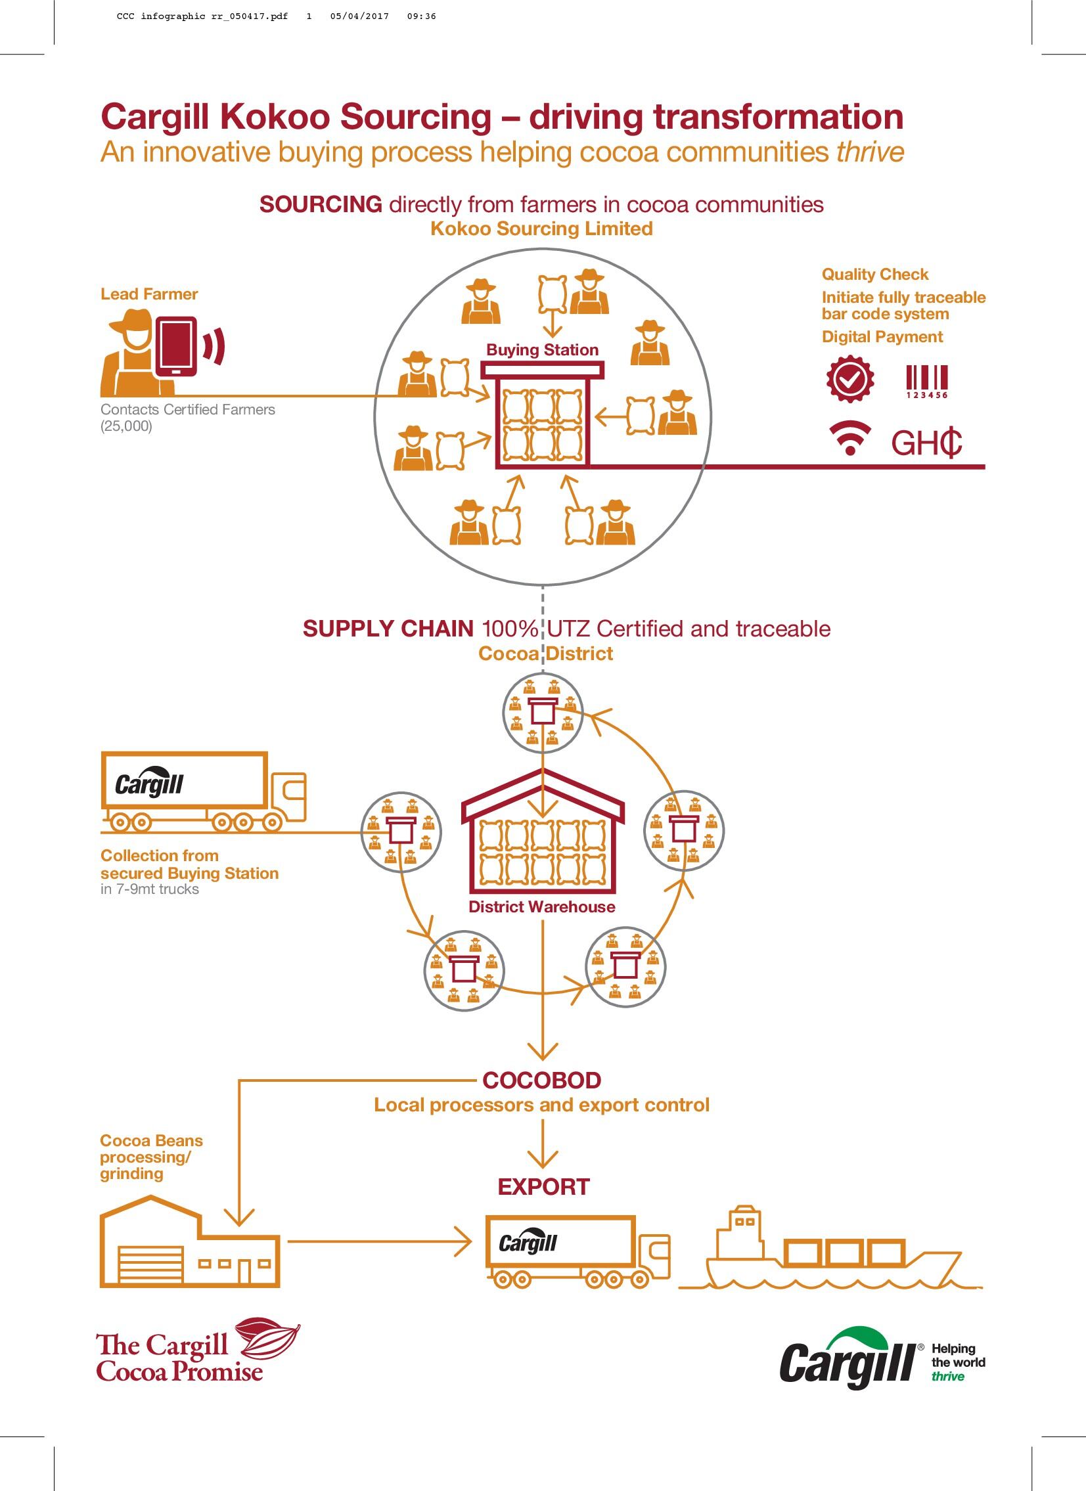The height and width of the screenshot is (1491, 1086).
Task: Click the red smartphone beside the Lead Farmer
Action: click(x=176, y=345)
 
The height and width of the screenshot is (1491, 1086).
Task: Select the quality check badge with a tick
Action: click(x=850, y=379)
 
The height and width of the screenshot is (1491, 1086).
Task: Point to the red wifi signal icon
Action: click(x=850, y=439)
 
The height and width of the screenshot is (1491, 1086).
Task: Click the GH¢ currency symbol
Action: click(x=926, y=443)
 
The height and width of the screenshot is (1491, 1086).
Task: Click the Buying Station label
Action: click(x=542, y=349)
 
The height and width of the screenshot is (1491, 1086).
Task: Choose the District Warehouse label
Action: click(x=541, y=906)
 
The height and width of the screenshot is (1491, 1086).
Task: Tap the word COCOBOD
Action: click(x=541, y=1080)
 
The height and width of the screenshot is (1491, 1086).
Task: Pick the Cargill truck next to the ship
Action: click(x=577, y=1251)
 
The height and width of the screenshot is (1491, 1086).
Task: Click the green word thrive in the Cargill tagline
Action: click(x=947, y=1376)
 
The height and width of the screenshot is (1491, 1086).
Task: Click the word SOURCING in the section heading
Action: click(x=321, y=204)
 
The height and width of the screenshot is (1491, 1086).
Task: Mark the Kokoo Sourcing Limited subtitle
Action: click(x=541, y=229)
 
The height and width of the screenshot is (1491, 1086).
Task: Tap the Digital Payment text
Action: click(x=882, y=336)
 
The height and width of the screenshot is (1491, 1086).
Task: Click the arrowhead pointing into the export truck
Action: click(x=464, y=1242)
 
